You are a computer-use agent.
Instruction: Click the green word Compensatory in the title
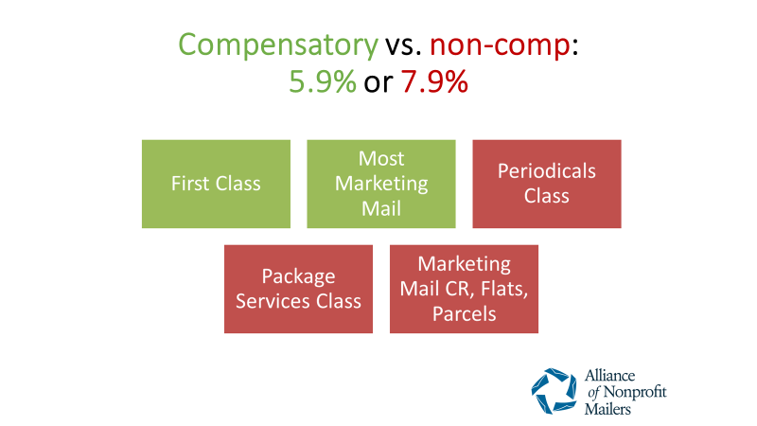pyautogui.click(x=278, y=45)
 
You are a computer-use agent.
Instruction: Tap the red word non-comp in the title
pyautogui.click(x=501, y=44)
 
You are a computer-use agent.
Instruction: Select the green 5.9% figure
pyautogui.click(x=323, y=81)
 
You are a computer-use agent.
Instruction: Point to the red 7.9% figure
pyautogui.click(x=434, y=81)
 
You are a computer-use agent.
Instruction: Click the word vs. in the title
pyautogui.click(x=404, y=45)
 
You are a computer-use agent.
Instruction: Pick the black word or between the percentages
pyautogui.click(x=378, y=83)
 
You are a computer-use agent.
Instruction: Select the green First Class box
pyautogui.click(x=217, y=184)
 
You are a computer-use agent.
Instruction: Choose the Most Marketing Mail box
pyautogui.click(x=381, y=184)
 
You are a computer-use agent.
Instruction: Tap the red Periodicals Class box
pyautogui.click(x=547, y=184)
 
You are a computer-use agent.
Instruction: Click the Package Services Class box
pyautogui.click(x=298, y=289)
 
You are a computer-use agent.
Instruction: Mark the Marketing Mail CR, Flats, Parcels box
pyautogui.click(x=464, y=289)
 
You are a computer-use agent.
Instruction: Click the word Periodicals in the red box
pyautogui.click(x=547, y=171)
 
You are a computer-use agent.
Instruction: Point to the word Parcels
pyautogui.click(x=464, y=314)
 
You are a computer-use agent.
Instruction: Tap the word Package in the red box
pyautogui.click(x=298, y=277)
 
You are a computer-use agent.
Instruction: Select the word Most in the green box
pyautogui.click(x=381, y=159)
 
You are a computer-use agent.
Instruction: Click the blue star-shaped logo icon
pyautogui.click(x=555, y=391)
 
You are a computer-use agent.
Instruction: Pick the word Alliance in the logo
pyautogui.click(x=609, y=375)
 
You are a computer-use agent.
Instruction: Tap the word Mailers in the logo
pyautogui.click(x=607, y=409)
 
